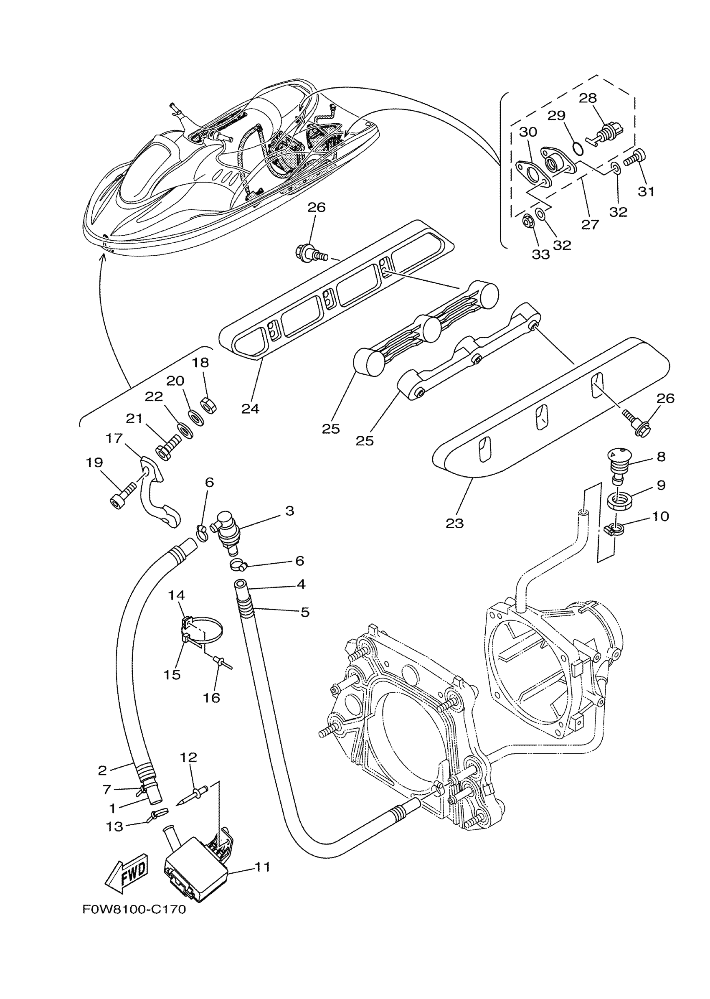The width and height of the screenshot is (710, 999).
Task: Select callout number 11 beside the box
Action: click(x=262, y=867)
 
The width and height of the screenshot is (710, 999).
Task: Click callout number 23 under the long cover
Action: click(x=455, y=523)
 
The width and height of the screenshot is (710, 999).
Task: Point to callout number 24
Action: click(x=250, y=409)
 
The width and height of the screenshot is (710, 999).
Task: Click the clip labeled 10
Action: click(x=614, y=530)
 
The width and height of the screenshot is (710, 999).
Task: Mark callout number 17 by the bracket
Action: click(x=114, y=438)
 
